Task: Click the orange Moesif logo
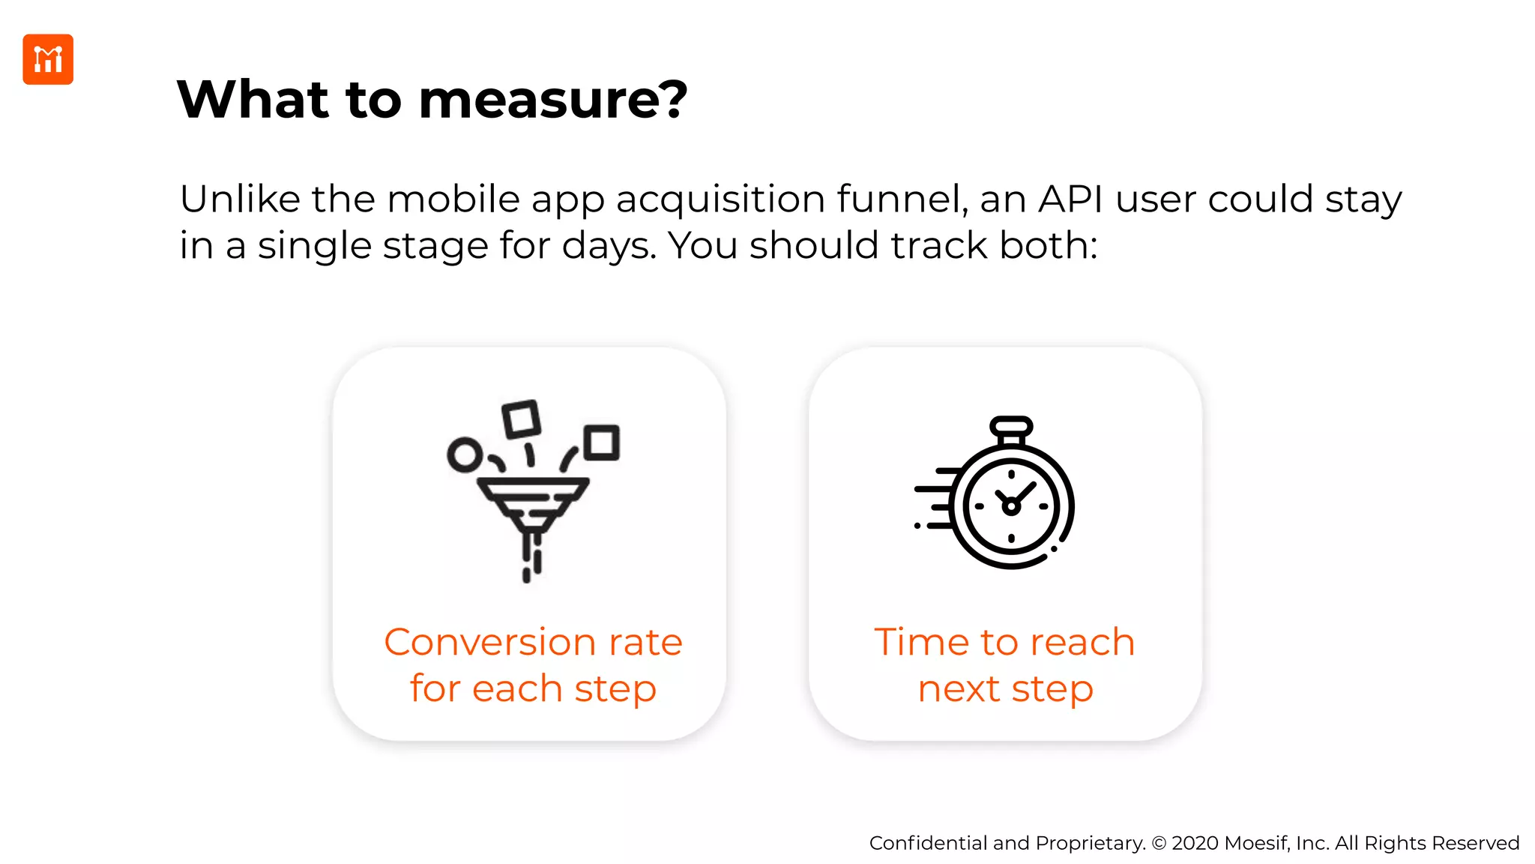48,59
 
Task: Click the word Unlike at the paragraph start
239,199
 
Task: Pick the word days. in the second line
609,246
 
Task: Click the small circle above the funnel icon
465,454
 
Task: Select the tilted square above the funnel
521,419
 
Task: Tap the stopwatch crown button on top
1011,427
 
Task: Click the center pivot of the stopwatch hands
1011,507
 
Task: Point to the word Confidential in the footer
928,843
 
